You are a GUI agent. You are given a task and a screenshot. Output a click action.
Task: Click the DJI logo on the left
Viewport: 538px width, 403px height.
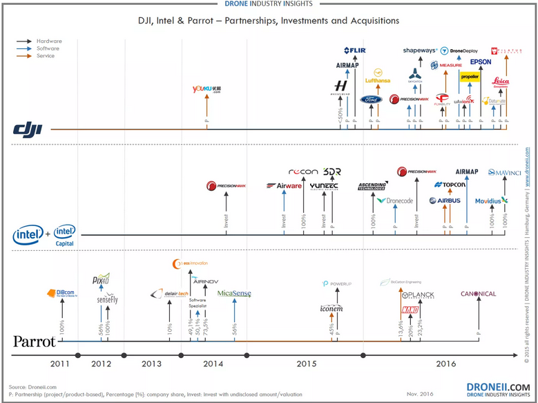28,129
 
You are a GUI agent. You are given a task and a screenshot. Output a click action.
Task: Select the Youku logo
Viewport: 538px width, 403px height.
206,89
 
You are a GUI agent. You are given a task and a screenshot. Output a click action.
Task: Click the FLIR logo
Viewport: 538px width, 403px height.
354,50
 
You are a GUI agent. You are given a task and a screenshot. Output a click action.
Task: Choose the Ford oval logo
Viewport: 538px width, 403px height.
371,99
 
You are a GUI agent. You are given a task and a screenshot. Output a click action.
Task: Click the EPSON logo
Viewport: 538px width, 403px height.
481,62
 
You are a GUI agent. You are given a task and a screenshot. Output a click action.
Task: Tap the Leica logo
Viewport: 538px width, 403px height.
501,82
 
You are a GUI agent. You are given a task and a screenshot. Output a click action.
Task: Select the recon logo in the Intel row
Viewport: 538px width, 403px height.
303,171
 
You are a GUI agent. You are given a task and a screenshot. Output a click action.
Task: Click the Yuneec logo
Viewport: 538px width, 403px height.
323,186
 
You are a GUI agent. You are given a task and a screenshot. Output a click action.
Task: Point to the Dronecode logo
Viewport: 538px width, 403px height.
395,200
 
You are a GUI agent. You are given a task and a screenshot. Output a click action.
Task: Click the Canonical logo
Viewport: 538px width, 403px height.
478,294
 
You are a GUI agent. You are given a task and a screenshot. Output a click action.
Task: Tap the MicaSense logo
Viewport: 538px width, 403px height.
234,294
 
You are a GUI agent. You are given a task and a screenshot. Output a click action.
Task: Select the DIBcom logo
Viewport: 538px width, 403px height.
61,293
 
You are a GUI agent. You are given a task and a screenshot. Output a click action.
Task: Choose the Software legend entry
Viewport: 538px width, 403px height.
48,48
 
